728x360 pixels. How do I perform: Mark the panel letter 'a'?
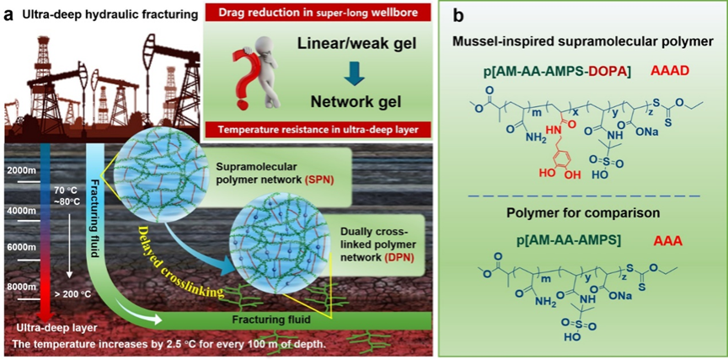coord(8,14)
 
